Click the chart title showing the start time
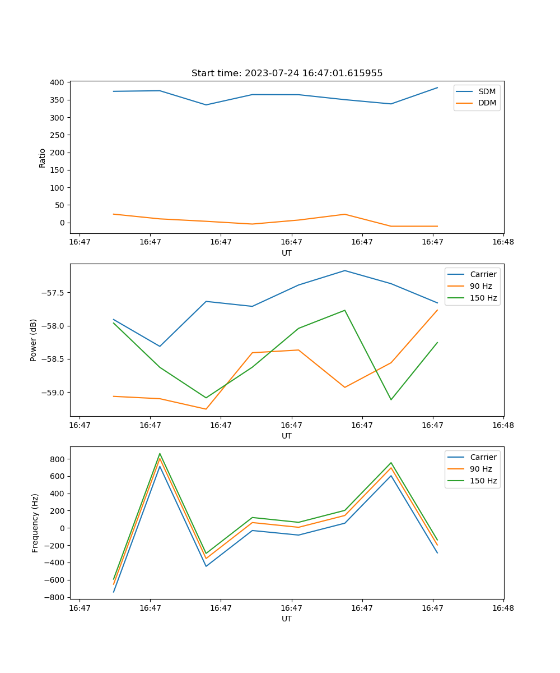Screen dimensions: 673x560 [x=287, y=73]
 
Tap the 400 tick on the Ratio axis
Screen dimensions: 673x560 [x=57, y=82]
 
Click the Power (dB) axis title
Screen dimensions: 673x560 [x=34, y=340]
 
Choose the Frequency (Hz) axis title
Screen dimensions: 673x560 [x=35, y=523]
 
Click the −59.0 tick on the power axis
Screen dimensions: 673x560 [x=52, y=393]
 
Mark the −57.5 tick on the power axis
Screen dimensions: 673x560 [x=52, y=293]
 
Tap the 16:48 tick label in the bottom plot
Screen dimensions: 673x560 [x=503, y=608]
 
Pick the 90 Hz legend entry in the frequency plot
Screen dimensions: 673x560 [x=481, y=469]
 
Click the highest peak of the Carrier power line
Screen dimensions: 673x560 [x=345, y=270]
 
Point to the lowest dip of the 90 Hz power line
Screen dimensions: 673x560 [x=206, y=409]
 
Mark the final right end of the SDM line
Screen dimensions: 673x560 [x=437, y=87]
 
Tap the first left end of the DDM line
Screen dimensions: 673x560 [x=114, y=214]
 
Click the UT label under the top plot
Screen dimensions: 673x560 [x=287, y=253]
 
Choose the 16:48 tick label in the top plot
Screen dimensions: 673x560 [x=503, y=242]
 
